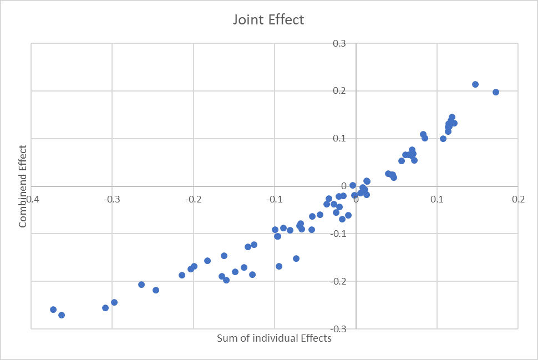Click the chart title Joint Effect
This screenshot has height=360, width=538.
tap(268, 20)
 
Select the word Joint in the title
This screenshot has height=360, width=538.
tap(247, 20)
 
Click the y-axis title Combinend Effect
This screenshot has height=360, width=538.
tap(23, 186)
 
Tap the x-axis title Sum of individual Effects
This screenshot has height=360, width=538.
tap(274, 338)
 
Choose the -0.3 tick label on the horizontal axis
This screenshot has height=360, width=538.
tap(112, 199)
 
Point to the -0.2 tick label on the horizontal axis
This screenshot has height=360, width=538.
tap(193, 199)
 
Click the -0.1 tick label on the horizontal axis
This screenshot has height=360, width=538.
tap(275, 199)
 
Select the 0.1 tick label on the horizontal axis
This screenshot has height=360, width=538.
tap(438, 199)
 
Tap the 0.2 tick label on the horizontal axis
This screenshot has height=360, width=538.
tap(519, 199)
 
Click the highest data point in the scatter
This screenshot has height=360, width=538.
tap(475, 84)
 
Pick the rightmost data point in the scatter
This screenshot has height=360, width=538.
tap(496, 92)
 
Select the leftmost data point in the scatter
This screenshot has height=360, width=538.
tap(53, 310)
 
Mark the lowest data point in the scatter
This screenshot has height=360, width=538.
tap(62, 315)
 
